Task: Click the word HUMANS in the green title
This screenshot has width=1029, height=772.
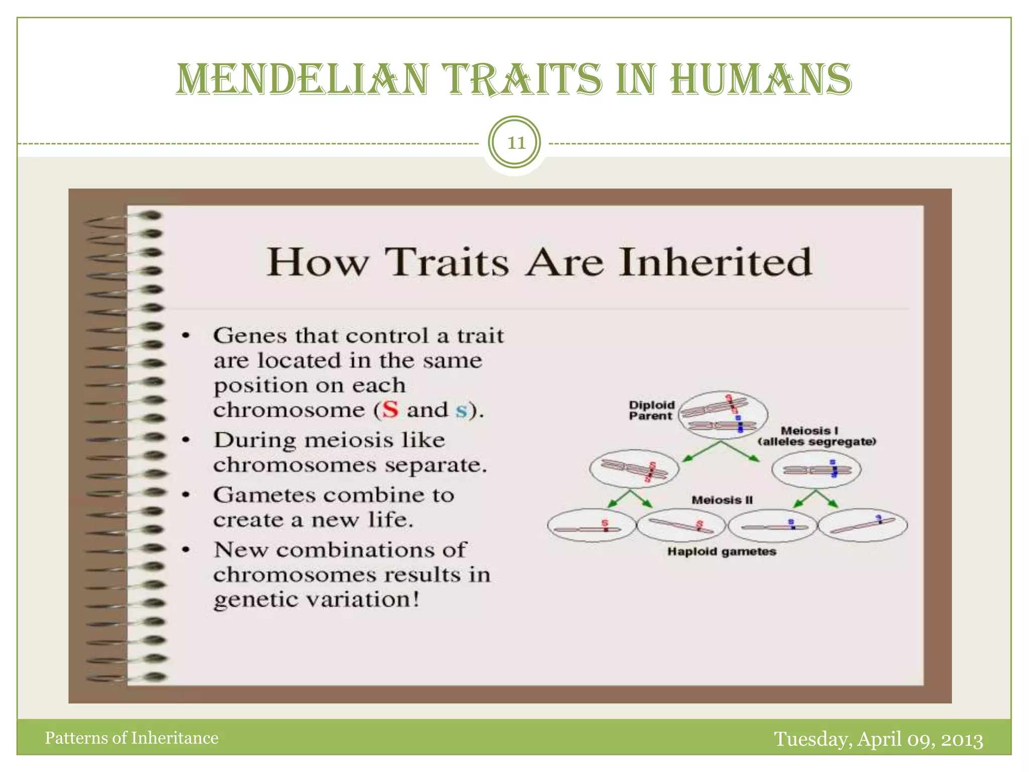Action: coord(761,79)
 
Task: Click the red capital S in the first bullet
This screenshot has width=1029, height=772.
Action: coord(390,410)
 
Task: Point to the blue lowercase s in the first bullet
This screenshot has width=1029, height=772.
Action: coord(461,411)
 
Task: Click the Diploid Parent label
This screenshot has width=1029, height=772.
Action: coord(652,410)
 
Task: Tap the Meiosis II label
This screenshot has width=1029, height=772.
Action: coord(722,500)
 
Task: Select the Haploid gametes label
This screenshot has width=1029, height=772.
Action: coord(722,551)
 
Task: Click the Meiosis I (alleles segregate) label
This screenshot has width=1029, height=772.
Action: coord(817,436)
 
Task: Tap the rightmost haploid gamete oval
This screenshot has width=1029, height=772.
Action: coord(863,525)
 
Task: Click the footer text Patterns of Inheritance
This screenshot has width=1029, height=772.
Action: coord(132,738)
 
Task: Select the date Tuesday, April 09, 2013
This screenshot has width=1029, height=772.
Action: coord(878,739)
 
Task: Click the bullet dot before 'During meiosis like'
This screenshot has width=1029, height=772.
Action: coord(186,440)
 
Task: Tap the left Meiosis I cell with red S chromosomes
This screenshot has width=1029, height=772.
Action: coord(634,469)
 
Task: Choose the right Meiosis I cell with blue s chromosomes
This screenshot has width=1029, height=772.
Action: coord(816,469)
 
